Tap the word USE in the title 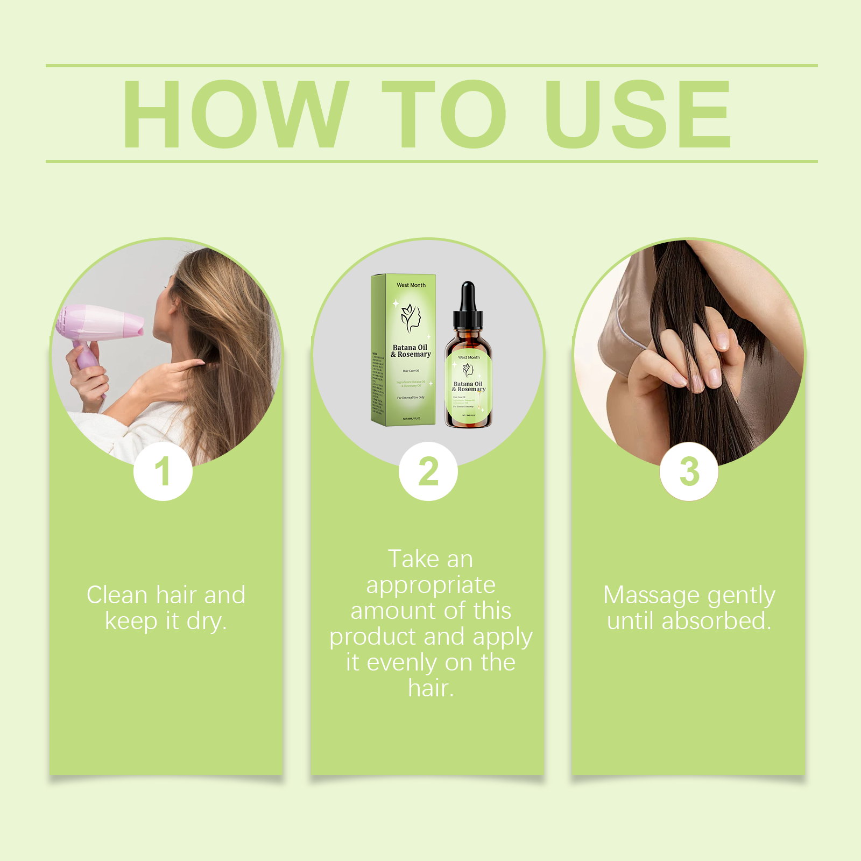638,114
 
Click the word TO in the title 444,114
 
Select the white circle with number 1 163,472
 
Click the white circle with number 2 428,472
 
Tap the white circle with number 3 689,472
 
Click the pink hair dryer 100,323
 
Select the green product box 404,350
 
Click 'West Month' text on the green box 411,285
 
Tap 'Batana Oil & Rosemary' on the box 411,351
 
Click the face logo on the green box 411,318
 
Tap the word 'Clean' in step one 117,595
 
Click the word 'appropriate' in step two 430,585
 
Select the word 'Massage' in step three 651,595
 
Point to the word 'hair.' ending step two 430,688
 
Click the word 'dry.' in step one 207,622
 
